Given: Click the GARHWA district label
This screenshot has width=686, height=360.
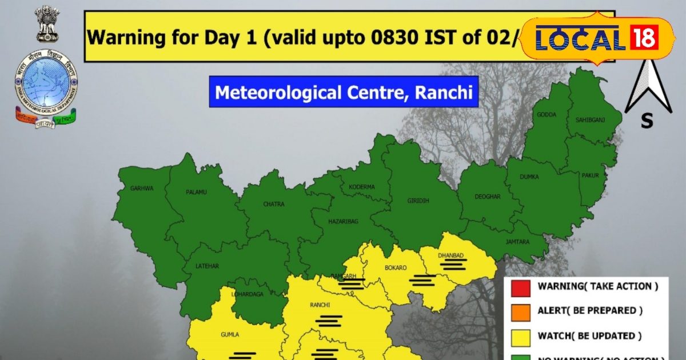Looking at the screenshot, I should click(142, 188).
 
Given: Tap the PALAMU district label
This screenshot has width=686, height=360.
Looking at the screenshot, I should click(196, 192).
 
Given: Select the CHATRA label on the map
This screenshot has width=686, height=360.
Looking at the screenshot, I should click(273, 203).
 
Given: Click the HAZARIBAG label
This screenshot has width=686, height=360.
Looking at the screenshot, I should click(343, 222).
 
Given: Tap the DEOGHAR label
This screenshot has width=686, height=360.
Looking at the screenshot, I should click(488, 197).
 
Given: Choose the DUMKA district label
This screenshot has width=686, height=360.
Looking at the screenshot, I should click(529, 177).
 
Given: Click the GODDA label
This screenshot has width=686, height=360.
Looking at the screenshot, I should click(546, 114).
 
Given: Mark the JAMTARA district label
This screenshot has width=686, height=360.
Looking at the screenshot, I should click(517, 242).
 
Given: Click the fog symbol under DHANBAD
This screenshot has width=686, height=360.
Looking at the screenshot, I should click(453, 263).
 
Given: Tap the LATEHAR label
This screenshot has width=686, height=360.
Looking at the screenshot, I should click(206, 266).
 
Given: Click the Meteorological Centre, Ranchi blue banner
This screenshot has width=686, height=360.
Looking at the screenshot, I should click(343, 91).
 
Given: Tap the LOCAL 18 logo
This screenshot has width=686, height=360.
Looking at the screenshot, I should click(597, 38).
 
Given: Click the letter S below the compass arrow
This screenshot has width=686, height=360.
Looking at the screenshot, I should click(647, 121).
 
